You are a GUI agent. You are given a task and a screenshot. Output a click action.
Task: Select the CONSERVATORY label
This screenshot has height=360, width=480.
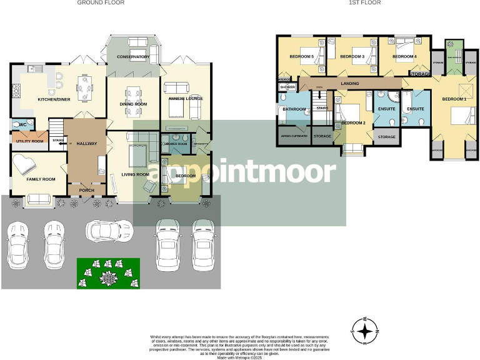[133, 57]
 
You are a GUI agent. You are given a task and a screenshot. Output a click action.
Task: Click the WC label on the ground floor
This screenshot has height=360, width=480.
[22, 125]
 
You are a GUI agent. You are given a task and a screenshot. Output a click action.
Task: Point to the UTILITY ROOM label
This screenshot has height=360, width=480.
[29, 141]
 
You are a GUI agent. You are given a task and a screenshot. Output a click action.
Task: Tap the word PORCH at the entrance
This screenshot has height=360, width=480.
[86, 191]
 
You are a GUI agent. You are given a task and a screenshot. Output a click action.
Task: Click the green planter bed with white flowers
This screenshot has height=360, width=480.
[107, 274]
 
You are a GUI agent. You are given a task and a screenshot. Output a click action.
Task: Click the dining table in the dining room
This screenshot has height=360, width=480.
[133, 101]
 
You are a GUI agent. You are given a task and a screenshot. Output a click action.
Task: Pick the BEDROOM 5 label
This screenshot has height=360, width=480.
[301, 57]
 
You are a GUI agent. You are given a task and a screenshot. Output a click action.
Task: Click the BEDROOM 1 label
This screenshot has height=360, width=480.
[454, 99]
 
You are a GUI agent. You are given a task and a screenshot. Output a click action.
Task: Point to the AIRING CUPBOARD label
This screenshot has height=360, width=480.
[294, 136]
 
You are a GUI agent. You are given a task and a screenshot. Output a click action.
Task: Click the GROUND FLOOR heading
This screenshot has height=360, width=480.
[101, 3]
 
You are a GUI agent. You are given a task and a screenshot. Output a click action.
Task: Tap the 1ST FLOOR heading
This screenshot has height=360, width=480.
[365, 3]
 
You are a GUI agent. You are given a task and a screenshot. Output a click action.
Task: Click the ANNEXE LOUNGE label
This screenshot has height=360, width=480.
[186, 98]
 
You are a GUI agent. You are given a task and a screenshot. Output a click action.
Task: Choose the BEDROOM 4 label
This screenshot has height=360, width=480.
[404, 57]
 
